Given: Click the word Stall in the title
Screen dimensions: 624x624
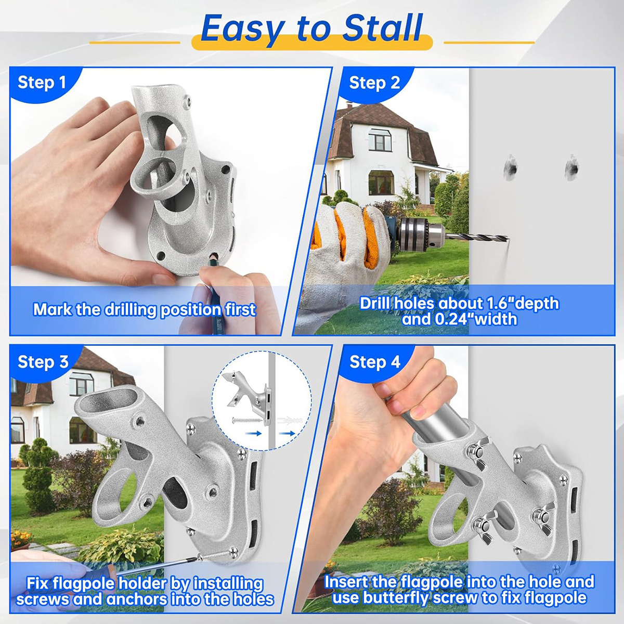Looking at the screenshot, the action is pyautogui.click(x=382, y=28).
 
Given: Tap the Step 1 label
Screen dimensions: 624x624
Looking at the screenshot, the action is pyautogui.click(x=42, y=82).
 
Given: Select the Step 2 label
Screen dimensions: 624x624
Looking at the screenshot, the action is pyautogui.click(x=374, y=83).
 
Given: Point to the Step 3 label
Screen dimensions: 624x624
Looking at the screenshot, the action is pyautogui.click(x=43, y=362).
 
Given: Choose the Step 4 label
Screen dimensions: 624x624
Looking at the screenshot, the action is pyautogui.click(x=375, y=362).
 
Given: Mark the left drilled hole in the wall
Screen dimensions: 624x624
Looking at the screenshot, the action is pyautogui.click(x=511, y=168).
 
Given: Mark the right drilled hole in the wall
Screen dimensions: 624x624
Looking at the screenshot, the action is pyautogui.click(x=572, y=168).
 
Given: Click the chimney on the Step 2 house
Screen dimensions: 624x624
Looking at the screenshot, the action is pyautogui.click(x=349, y=105).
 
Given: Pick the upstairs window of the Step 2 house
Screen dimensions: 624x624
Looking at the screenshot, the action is pyautogui.click(x=380, y=140).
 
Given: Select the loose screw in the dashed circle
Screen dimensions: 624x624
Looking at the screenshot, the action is pyautogui.click(x=248, y=420).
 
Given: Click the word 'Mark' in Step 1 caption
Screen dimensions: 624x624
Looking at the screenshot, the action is pyautogui.click(x=53, y=309).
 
